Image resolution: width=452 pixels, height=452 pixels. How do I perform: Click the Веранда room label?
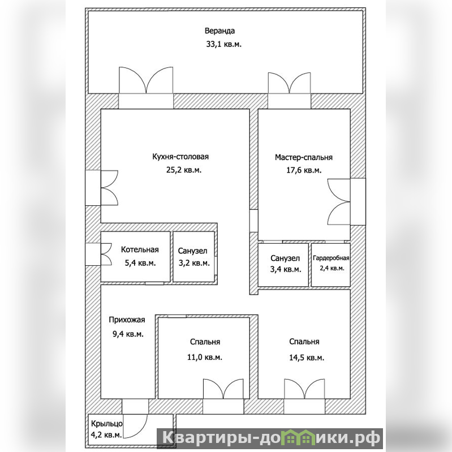coord(219,31)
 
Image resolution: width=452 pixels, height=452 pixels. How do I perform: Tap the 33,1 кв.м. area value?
coord(223,44)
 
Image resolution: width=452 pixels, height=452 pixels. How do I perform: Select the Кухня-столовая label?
coord(180,157)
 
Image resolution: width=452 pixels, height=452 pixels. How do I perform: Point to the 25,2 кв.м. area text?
coord(184,170)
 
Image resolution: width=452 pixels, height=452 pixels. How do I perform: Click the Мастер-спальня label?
coord(304,157)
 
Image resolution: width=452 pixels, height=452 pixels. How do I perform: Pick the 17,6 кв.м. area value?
coord(304,170)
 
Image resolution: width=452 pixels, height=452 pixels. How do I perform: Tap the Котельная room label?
coord(140,249)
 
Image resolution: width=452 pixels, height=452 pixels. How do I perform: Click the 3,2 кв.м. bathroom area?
coord(194,263)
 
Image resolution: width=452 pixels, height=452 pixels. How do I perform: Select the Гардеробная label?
coord(331,258)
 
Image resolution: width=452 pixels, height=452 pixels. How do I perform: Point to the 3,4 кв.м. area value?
coord(286,269)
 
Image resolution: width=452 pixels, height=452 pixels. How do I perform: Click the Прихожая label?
coord(127,320)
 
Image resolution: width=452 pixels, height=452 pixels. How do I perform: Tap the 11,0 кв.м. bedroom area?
coord(205,357)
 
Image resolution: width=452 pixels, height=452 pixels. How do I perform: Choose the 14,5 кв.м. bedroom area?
coord(307,358)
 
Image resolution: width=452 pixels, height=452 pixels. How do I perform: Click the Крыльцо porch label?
coord(107,424)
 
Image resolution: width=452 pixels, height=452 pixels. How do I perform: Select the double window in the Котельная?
coord(106,254)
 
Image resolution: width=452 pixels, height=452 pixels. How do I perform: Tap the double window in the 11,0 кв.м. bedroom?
coord(223,389)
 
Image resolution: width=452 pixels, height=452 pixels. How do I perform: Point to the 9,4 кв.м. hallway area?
coord(128,334)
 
